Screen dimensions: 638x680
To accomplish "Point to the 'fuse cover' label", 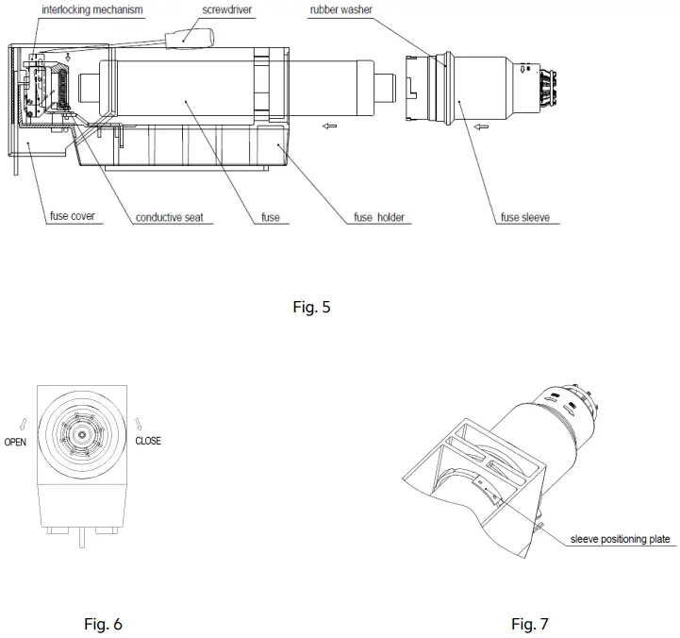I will click(x=72, y=216).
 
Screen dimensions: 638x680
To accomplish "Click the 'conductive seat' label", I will click(x=170, y=217).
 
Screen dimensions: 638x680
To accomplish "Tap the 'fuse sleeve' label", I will click(x=524, y=217).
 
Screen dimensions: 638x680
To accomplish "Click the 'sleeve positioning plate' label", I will click(x=620, y=539).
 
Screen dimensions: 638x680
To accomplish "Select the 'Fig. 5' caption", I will click(x=311, y=307).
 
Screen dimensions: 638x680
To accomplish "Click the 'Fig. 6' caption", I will click(x=104, y=624).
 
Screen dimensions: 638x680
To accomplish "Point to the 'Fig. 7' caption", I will click(x=529, y=624).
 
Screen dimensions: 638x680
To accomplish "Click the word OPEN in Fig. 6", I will click(x=15, y=442).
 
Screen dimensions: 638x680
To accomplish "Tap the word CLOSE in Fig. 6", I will click(x=148, y=441).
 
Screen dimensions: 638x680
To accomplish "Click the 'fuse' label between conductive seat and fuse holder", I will click(x=270, y=217).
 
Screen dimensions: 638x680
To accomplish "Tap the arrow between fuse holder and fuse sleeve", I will click(x=327, y=125).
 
